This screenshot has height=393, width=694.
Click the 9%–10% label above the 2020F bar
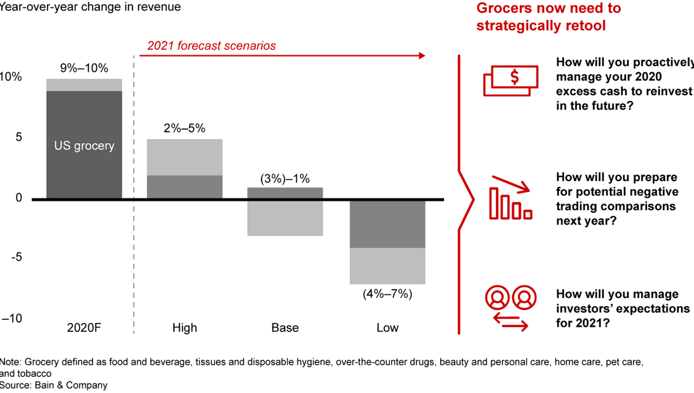point(84,68)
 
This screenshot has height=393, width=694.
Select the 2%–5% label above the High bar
point(184,128)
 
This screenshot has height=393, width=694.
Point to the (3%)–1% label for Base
point(285,178)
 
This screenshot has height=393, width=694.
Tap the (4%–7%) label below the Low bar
point(387,294)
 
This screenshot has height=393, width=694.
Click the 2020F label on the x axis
point(84,328)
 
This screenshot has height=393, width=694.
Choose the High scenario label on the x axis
point(184,328)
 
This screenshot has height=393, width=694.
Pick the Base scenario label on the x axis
point(285,328)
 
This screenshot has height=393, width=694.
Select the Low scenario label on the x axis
point(387,328)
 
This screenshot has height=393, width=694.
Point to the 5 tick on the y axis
point(19,137)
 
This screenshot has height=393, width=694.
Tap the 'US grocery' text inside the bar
point(84,146)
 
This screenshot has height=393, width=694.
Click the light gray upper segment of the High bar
point(184,157)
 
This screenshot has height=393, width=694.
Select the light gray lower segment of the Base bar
point(285,218)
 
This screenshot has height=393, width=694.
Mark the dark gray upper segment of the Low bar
point(387,223)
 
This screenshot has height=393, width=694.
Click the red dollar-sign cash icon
point(510,80)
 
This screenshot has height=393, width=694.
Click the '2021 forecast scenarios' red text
point(211,46)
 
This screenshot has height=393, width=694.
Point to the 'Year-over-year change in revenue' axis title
point(91,8)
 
